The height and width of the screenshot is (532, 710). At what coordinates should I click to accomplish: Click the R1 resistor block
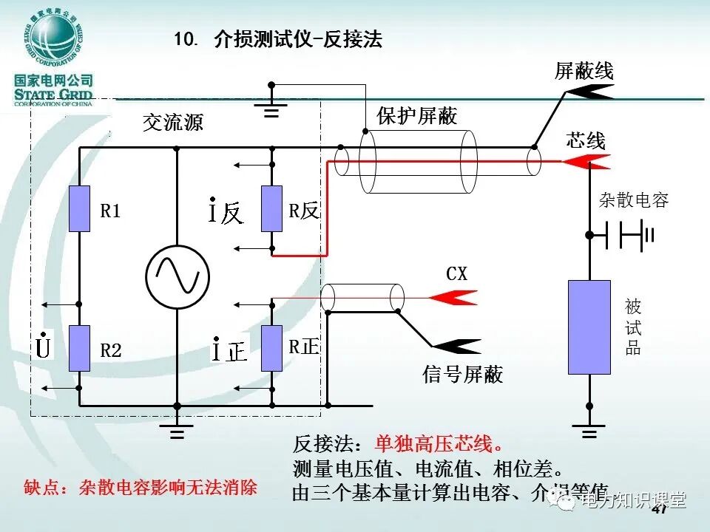tap(79, 209)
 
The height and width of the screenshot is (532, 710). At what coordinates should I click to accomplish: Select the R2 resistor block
tap(79, 348)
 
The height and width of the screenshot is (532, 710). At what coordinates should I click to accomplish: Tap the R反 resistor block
tap(272, 209)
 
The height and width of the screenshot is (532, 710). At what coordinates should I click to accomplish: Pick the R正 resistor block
tap(272, 347)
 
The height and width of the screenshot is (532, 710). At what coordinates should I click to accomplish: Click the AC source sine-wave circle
tap(177, 276)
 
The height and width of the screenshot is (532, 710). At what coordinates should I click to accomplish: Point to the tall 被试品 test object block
tap(589, 327)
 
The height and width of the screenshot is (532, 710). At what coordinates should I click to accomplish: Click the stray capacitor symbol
tap(626, 235)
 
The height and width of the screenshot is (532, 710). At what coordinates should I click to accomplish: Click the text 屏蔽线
tap(584, 71)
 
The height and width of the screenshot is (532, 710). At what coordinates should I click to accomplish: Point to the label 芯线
tap(586, 140)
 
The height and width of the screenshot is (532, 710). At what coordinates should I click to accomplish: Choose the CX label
tap(457, 274)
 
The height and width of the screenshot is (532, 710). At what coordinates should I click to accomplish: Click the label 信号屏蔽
tap(462, 375)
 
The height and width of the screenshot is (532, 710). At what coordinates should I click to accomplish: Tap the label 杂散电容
tap(634, 199)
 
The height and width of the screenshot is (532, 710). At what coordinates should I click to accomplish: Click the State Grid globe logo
tap(54, 39)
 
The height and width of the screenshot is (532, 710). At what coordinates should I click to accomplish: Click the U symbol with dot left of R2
tap(43, 346)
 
